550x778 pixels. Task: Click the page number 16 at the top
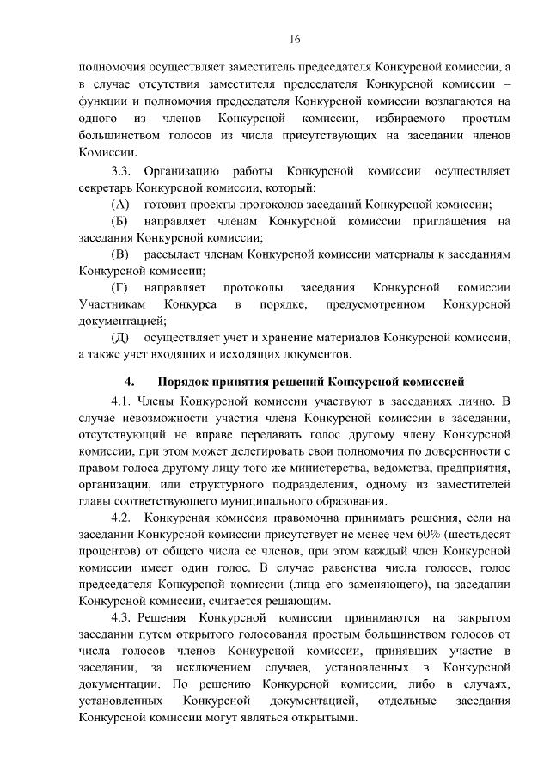(295, 40)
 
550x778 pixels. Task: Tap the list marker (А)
(120, 205)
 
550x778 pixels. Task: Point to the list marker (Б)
(120, 222)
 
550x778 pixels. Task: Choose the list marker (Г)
(120, 288)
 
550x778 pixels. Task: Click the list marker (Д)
(120, 338)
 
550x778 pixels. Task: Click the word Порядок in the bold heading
(193, 380)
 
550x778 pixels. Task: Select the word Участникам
(109, 304)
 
